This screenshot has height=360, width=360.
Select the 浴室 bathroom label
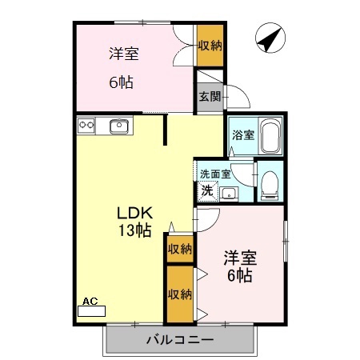pos(242,134)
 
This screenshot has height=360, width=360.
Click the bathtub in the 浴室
pos(270,135)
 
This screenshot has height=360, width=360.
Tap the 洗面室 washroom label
pos(215,173)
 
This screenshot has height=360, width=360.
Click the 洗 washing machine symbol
pos(207,191)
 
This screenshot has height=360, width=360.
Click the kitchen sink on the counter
pos(119,125)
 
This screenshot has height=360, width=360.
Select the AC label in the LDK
pos(90,302)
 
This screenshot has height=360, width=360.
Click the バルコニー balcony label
pos(179,340)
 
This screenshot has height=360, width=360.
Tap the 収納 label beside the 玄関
pos(210,45)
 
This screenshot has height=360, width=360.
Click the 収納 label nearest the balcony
pos(179,294)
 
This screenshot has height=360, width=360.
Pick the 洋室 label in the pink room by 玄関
pos(124,54)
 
